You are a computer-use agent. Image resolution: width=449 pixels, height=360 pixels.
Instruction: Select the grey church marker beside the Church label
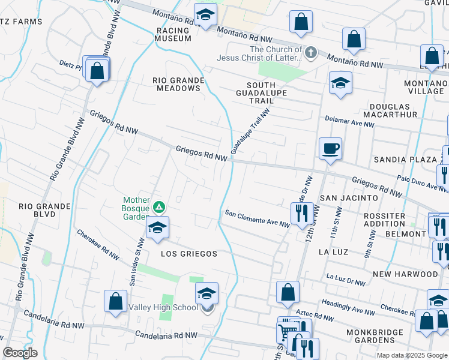point(310,53)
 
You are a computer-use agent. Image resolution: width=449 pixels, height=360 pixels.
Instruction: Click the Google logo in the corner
point(20,353)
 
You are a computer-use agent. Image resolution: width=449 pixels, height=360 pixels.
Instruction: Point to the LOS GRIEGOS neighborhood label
point(188,254)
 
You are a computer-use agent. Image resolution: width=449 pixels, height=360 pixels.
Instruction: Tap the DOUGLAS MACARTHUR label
point(389,109)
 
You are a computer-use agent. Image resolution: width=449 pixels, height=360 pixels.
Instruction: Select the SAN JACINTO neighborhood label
point(349,197)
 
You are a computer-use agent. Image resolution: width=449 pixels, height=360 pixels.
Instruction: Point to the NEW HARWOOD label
point(405,274)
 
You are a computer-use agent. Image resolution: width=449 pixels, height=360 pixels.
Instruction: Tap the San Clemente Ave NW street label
point(257,217)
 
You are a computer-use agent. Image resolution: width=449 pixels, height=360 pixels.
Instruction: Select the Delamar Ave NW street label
point(349,122)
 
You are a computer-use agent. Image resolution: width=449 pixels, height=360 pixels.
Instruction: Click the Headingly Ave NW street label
point(348,307)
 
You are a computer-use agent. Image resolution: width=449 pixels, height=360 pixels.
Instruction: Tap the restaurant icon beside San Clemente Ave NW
point(300,212)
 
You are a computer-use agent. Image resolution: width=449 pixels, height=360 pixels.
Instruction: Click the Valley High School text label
point(163,308)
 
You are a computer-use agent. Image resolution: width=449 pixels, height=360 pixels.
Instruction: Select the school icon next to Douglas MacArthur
point(340,83)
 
